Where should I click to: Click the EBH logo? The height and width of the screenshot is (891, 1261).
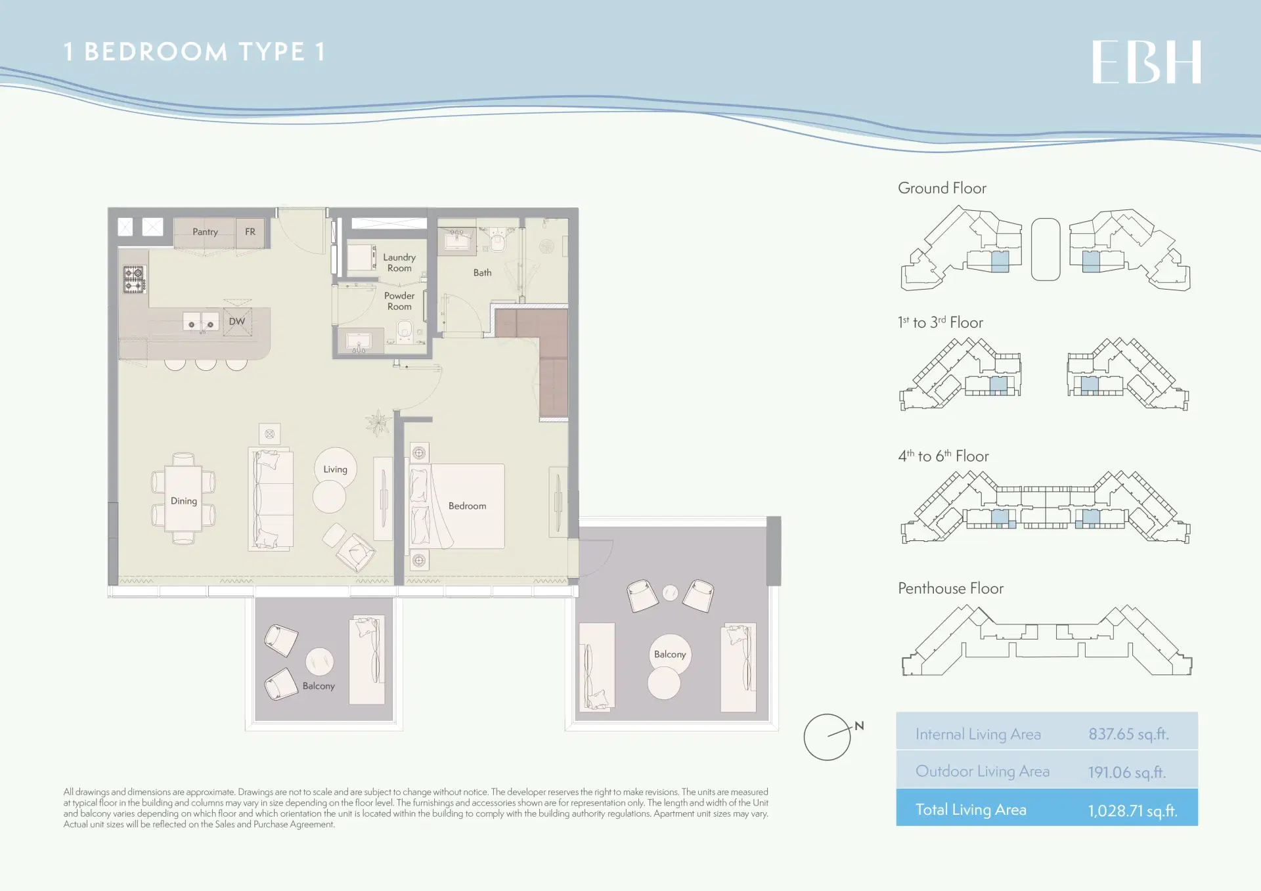[x=1147, y=62]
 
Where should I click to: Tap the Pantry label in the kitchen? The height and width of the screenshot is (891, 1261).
[x=205, y=232]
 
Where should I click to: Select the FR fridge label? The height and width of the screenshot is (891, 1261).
[x=250, y=232]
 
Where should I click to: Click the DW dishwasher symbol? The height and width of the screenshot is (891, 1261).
[x=237, y=322]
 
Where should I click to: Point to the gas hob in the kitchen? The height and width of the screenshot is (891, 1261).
[x=134, y=280]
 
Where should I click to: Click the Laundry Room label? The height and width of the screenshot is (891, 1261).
[x=399, y=263]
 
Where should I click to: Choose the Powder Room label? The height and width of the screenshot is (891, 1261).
[x=399, y=301]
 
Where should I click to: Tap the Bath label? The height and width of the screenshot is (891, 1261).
[x=483, y=272]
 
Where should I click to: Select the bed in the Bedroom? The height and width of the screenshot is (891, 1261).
[x=457, y=506]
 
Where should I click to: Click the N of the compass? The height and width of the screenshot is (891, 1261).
[x=859, y=726]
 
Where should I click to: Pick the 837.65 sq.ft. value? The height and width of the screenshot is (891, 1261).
[x=1128, y=734]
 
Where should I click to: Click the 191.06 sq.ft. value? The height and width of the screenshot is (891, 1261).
[x=1127, y=772]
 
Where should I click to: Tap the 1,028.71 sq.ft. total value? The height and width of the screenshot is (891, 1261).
[x=1133, y=810]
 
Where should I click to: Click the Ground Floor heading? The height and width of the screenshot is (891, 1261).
[x=942, y=188]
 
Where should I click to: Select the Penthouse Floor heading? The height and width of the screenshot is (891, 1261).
[x=950, y=588]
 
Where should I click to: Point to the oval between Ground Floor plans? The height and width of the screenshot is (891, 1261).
[x=1046, y=250]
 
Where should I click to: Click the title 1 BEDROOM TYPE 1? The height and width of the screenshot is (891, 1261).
[x=194, y=52]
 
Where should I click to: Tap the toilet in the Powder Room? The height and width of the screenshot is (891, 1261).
[x=405, y=330]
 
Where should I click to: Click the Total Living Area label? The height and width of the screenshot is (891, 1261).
[x=971, y=810]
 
